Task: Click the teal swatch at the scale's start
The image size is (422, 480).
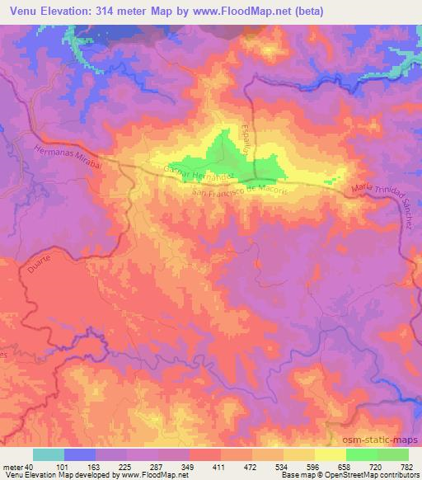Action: [49, 454]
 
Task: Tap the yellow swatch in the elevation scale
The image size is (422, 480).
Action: [330, 454]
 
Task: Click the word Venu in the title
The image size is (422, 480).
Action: [21, 12]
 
